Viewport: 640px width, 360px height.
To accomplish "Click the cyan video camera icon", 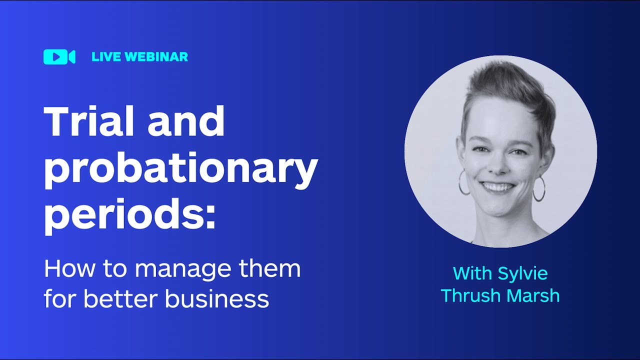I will [59, 57].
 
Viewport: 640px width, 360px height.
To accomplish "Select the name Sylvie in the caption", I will [523, 274].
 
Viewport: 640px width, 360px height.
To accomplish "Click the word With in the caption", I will [472, 273].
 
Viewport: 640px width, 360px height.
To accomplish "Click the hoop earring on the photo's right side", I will [539, 188].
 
